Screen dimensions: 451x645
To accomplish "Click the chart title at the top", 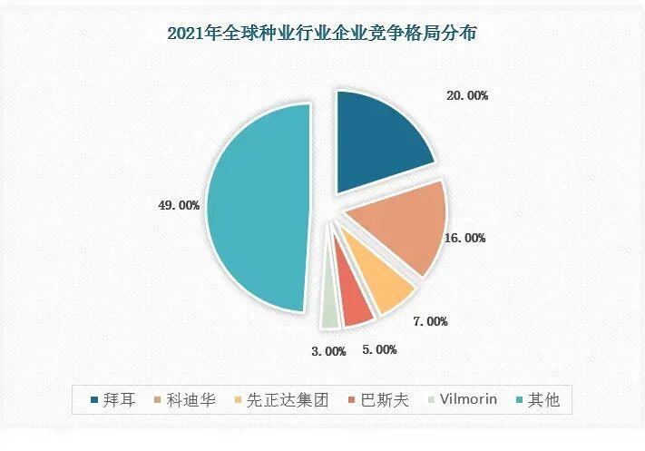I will (323, 34).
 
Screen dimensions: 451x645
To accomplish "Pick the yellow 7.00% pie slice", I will (381, 288).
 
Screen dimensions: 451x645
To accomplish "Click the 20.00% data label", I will (466, 94).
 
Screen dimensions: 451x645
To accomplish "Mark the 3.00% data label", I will (325, 350).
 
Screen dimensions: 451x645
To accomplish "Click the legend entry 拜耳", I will (113, 400).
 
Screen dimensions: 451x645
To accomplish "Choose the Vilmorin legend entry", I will (457, 400).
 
